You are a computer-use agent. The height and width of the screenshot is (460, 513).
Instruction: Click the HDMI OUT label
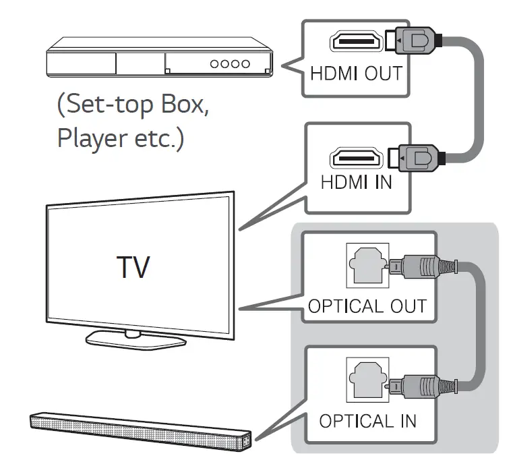tap(355, 72)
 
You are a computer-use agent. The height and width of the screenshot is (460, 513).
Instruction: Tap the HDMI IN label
tap(355, 182)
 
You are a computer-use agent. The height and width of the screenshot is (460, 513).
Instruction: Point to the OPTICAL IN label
tap(367, 421)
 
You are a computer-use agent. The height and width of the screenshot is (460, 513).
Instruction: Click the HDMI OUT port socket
tap(355, 42)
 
